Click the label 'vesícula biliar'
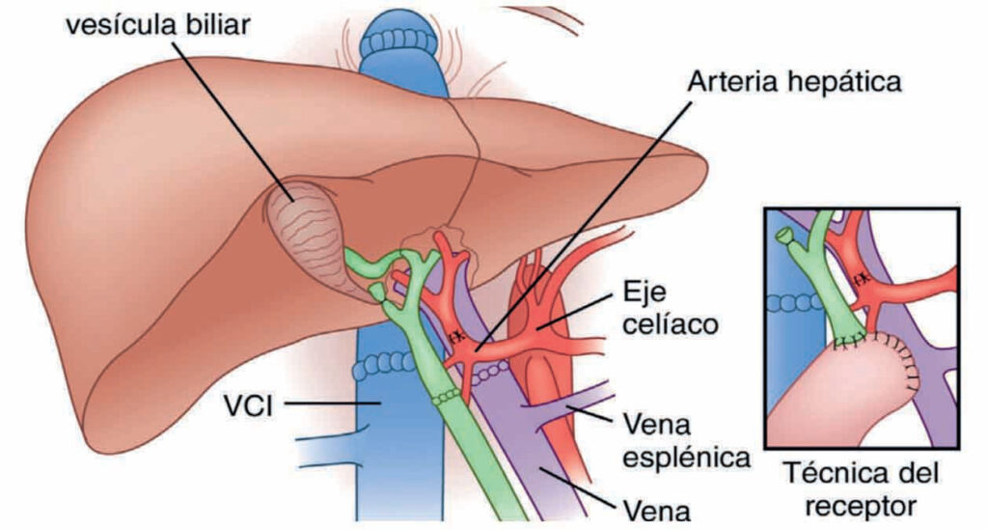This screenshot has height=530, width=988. point(156,23)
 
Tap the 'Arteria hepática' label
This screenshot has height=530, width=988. point(795,82)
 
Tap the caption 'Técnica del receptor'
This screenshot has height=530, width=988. point(862,488)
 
